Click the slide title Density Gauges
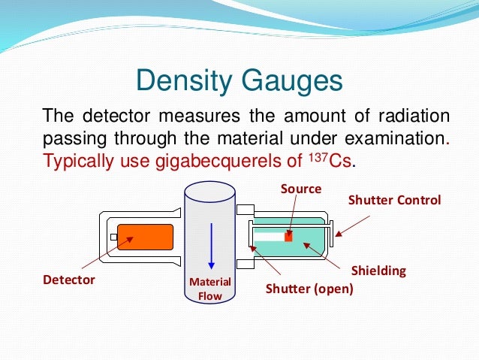tap(239, 80)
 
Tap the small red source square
tap(288, 237)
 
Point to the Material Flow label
tap(210, 289)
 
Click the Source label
tap(301, 189)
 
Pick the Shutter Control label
tap(395, 200)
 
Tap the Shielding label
tap(378, 271)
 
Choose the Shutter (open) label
tap(309, 288)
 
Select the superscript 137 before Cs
tap(318, 156)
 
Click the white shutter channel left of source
tap(268, 236)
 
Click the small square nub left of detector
tap(113, 237)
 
